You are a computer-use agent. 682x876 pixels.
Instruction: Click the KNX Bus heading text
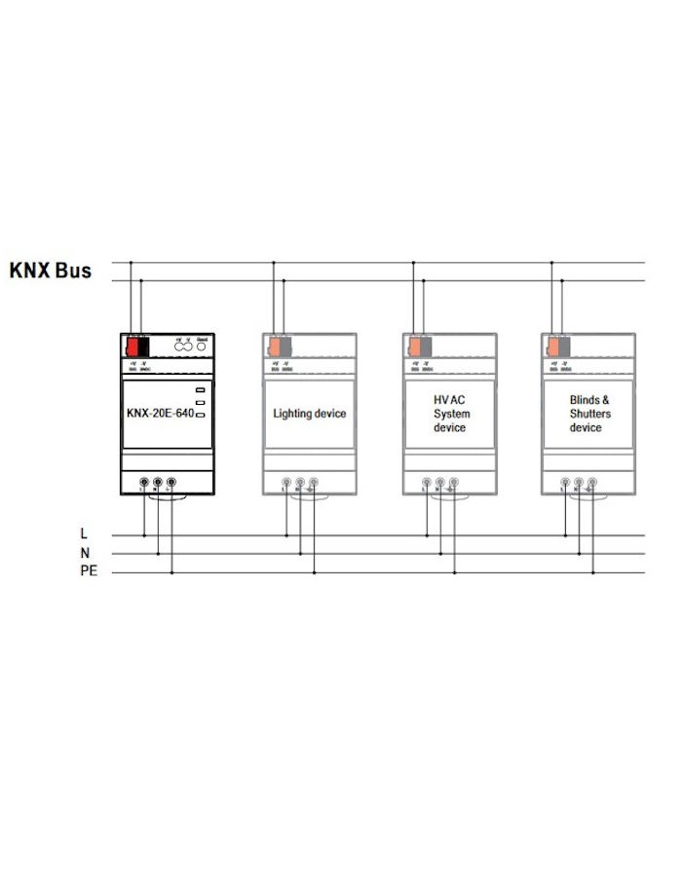click(51, 270)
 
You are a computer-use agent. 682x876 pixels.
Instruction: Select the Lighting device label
click(309, 414)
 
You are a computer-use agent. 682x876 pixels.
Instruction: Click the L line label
click(85, 534)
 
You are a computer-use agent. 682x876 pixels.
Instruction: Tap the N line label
click(85, 553)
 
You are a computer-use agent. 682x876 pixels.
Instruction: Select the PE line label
click(89, 571)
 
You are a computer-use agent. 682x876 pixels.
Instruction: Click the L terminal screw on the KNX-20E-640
click(144, 481)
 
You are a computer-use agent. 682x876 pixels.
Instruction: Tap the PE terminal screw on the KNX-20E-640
click(171, 481)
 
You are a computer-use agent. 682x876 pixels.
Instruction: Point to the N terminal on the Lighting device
click(300, 481)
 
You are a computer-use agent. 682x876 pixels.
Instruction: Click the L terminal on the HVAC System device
click(427, 481)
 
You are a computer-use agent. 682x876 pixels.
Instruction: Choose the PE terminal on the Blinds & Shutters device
click(592, 481)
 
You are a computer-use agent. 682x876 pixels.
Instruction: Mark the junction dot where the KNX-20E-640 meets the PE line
click(171, 572)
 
